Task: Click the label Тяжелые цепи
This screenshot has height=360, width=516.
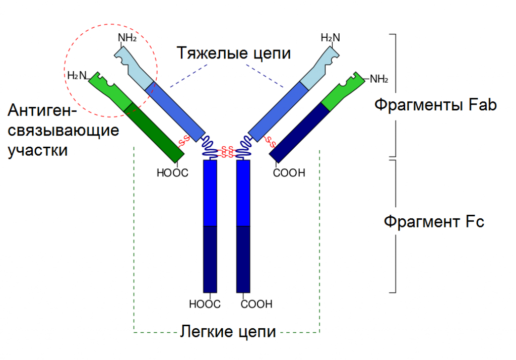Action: click(x=233, y=53)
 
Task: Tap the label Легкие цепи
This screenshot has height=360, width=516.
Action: click(x=228, y=332)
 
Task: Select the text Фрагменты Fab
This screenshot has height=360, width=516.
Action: click(x=435, y=105)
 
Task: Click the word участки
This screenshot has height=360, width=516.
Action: click(x=38, y=150)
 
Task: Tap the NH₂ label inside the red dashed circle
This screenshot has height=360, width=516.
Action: click(x=127, y=37)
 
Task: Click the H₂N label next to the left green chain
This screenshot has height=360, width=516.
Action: click(x=77, y=76)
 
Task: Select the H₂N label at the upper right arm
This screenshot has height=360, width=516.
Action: click(x=331, y=37)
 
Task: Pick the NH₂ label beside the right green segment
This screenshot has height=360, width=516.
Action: click(x=379, y=79)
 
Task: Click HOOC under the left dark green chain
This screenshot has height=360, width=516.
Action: click(x=172, y=173)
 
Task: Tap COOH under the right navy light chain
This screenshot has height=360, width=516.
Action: click(x=289, y=173)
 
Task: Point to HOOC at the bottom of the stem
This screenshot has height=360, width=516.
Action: click(x=205, y=304)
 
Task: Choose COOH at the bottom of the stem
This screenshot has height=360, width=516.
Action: click(x=256, y=304)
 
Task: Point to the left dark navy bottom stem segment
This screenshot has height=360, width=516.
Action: click(x=210, y=259)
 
